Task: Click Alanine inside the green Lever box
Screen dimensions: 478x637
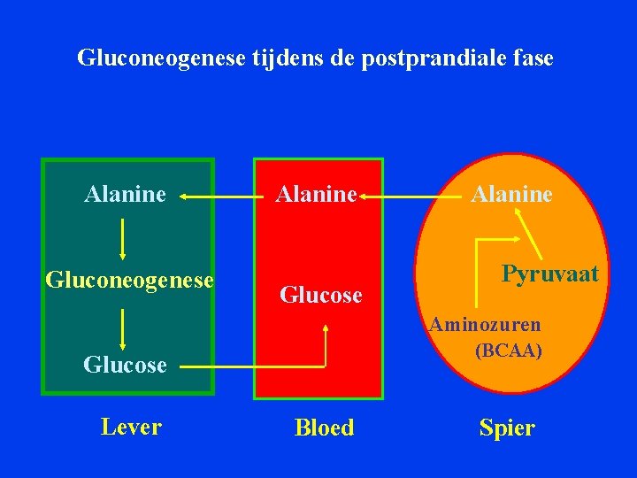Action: (125, 193)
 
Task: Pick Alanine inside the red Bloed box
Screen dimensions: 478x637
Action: (316, 193)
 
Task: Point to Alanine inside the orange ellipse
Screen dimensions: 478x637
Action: (511, 193)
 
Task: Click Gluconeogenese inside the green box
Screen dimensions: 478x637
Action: (129, 280)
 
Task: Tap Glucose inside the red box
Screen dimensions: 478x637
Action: (321, 295)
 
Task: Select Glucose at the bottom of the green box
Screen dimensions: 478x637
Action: (125, 364)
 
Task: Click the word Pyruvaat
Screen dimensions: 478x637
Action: (549, 274)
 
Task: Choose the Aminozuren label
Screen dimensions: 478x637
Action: (485, 324)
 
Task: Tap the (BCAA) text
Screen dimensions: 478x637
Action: (509, 351)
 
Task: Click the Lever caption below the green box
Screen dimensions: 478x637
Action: (131, 427)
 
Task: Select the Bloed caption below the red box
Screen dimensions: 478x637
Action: (324, 428)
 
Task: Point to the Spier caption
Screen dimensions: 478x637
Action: (507, 428)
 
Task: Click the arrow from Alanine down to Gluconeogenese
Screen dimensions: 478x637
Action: (122, 236)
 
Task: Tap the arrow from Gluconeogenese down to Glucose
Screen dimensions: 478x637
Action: (122, 328)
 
